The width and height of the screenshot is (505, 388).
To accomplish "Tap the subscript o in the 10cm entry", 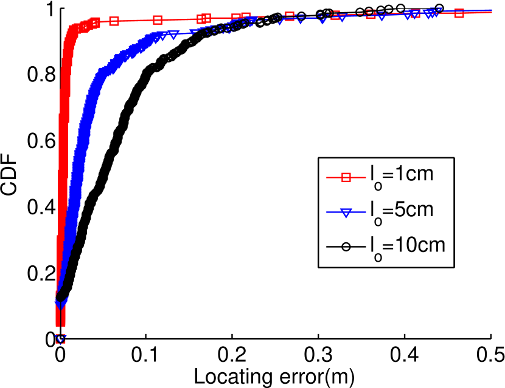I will [x=378, y=256].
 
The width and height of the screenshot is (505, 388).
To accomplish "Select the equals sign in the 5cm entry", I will [x=387, y=210].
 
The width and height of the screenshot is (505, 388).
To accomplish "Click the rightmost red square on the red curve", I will [x=459, y=13].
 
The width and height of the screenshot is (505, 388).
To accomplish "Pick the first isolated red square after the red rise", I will [x=114, y=21].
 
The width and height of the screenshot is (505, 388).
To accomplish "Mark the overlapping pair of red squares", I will [x=204, y=18].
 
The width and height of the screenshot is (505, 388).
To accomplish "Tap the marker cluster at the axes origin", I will [x=60, y=339].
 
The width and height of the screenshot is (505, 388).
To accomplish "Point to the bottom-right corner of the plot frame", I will [x=491, y=339].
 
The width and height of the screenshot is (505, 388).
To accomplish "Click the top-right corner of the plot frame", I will [x=491, y=7].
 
